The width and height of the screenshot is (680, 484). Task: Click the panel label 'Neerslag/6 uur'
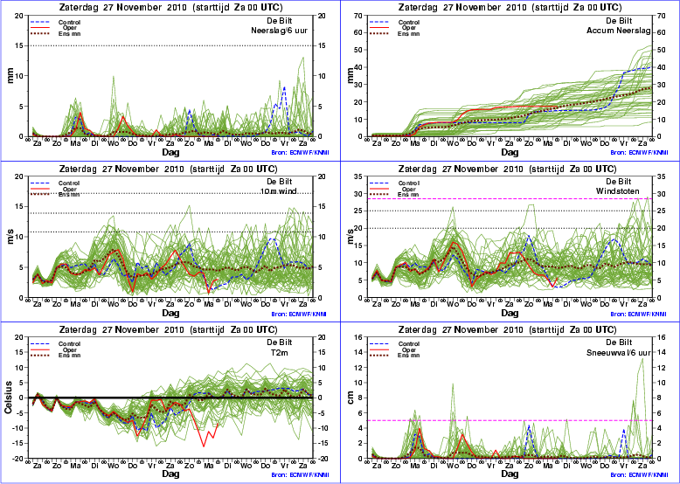tap(280, 31)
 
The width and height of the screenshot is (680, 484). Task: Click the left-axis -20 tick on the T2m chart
tap(18, 459)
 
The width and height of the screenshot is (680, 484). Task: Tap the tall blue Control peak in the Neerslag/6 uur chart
tap(284, 87)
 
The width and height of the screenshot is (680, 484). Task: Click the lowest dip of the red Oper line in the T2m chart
tap(205, 446)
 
